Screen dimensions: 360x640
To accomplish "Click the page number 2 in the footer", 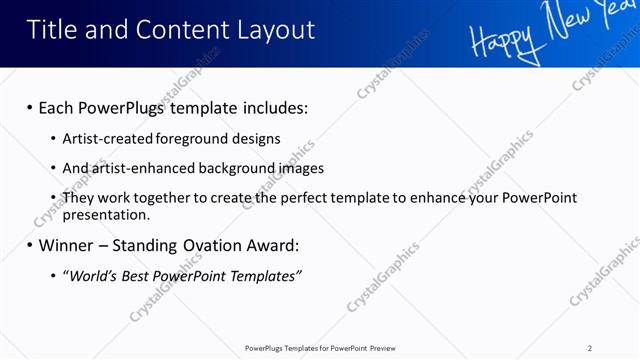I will pos(590,348).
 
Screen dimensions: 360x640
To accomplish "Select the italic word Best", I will pos(136,275).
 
